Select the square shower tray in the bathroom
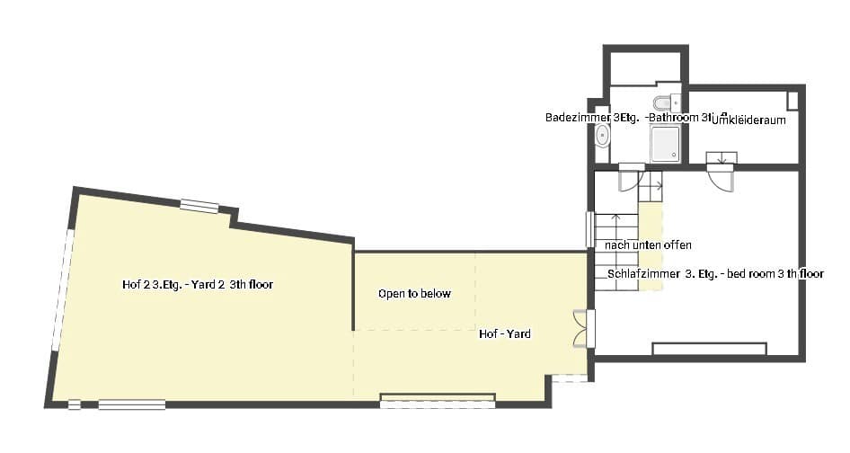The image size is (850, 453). pos(665,143)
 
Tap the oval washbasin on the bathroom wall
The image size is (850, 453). pos(603,137)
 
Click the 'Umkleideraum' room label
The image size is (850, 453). pos(748,120)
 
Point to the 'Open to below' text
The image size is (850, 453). pos(414,294)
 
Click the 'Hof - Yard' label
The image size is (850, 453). pos(504,334)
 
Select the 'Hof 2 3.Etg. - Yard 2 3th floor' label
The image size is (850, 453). pos(197,285)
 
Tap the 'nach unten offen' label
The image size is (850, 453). pos(648,244)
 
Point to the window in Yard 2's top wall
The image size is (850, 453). pos(199,206)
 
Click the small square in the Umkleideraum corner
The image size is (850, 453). pos(792,99)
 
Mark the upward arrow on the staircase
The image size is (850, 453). pos(616,219)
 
